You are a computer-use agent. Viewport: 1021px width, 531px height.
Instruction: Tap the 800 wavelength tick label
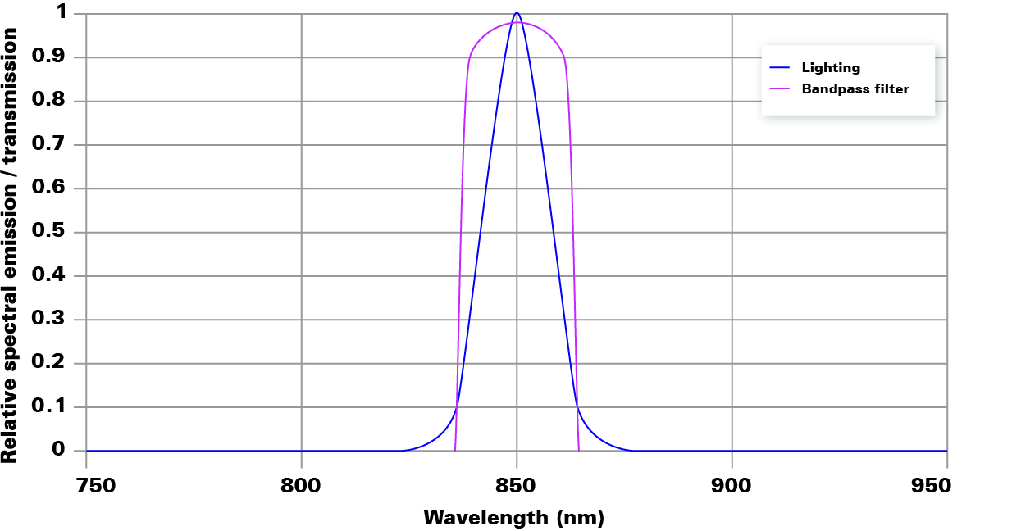(x=301, y=485)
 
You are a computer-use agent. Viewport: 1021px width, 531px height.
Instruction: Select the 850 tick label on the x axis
(x=517, y=485)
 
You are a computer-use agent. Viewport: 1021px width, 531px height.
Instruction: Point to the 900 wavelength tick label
(x=732, y=485)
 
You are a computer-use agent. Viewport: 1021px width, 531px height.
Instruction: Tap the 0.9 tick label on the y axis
(x=48, y=57)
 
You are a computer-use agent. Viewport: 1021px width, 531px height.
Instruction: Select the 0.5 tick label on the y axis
(x=48, y=232)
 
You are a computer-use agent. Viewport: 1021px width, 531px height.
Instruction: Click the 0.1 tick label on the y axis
(x=48, y=406)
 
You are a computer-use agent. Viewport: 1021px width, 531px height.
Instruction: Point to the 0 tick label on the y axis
(x=58, y=450)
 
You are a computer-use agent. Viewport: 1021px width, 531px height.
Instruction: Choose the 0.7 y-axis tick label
(x=48, y=144)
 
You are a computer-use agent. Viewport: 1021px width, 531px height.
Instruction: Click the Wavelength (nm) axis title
(x=514, y=518)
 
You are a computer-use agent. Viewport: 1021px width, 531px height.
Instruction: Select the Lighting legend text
(x=831, y=68)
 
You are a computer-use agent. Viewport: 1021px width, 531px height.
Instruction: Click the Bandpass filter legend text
(x=855, y=88)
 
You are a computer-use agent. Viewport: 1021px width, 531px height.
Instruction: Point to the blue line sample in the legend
(x=780, y=68)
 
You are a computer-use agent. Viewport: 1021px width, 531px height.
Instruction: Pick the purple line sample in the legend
(x=780, y=88)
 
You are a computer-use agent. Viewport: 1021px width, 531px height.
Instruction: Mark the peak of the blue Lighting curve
(x=517, y=13)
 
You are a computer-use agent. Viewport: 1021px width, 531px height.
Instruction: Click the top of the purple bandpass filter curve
(x=517, y=22)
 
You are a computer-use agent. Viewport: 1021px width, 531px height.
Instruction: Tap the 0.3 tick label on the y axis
(x=48, y=320)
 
